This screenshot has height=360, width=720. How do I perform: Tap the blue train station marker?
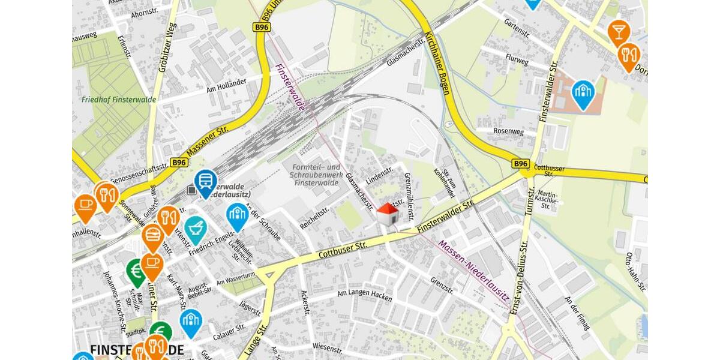pyautogui.click(x=206, y=182)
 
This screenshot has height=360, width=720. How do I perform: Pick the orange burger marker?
pyautogui.click(x=152, y=236)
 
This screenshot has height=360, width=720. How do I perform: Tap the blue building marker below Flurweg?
pyautogui.click(x=583, y=94)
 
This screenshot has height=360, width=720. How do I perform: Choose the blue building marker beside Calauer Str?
pyautogui.click(x=191, y=321)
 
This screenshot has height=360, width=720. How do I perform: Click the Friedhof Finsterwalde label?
pyautogui.click(x=118, y=100)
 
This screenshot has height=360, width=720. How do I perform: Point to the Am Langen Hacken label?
pyautogui.click(x=364, y=296)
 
